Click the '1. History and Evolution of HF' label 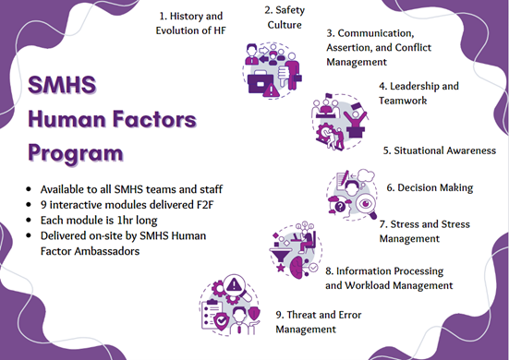pyautogui.click(x=192, y=23)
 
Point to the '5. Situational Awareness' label pyautogui.click(x=439, y=150)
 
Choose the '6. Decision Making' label pyautogui.click(x=429, y=187)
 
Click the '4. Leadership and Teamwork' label pyautogui.click(x=418, y=93)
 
